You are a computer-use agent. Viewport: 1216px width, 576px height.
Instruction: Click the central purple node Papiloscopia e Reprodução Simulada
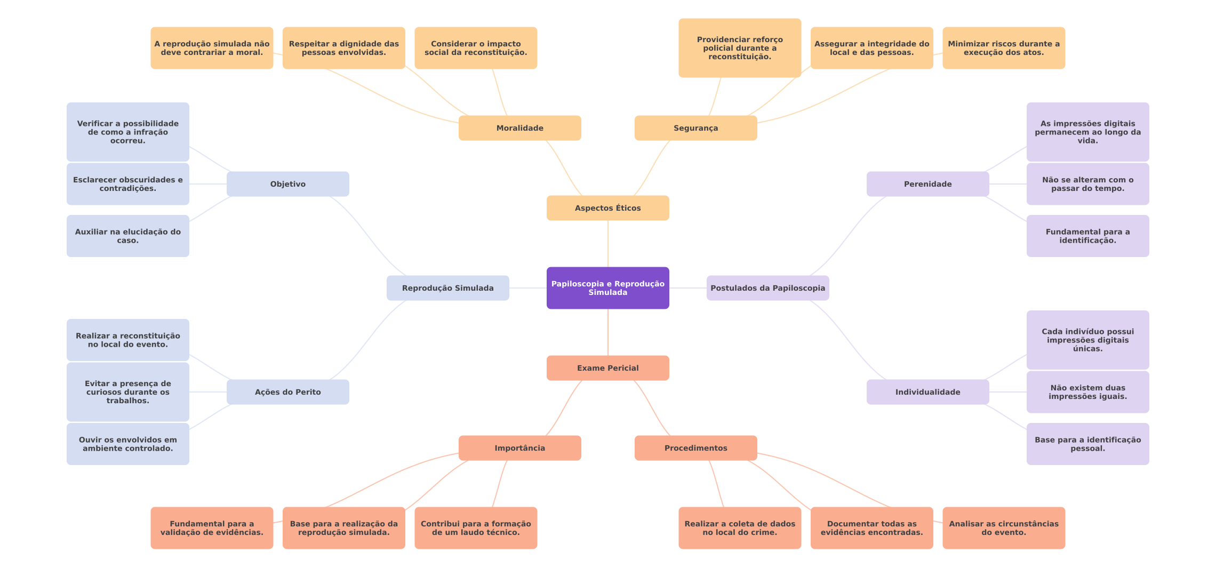(x=607, y=288)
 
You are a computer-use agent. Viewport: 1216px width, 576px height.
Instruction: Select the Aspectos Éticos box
(x=607, y=208)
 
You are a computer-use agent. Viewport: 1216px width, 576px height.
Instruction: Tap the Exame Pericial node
(x=607, y=368)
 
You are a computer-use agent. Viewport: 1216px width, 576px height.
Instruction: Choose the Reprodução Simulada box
(x=447, y=288)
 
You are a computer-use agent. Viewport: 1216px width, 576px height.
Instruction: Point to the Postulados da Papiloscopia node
(x=767, y=288)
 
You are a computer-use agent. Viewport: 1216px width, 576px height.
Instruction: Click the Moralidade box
(x=519, y=128)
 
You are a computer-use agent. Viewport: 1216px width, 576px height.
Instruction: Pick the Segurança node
(x=695, y=128)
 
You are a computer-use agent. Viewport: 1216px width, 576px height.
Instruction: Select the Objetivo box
(x=287, y=184)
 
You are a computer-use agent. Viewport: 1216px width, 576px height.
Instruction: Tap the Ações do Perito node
(x=287, y=392)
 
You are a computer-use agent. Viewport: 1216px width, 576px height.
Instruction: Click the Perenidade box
(x=927, y=184)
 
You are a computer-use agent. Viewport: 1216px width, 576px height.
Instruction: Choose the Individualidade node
(x=927, y=392)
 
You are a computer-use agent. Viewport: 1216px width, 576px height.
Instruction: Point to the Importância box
(x=519, y=448)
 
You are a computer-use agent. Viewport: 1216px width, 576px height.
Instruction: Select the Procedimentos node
(x=695, y=448)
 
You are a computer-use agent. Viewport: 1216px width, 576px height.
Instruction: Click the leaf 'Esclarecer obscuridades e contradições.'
(x=127, y=184)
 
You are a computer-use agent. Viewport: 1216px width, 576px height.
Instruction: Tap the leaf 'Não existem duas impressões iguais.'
(x=1087, y=392)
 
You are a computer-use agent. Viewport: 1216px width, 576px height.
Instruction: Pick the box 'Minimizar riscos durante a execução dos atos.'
(x=1003, y=48)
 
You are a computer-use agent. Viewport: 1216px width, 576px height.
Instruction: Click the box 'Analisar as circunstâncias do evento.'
(x=1003, y=528)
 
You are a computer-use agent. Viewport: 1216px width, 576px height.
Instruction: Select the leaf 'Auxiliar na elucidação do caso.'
(x=127, y=236)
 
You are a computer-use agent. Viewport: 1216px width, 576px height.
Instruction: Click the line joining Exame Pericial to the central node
(x=608, y=332)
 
